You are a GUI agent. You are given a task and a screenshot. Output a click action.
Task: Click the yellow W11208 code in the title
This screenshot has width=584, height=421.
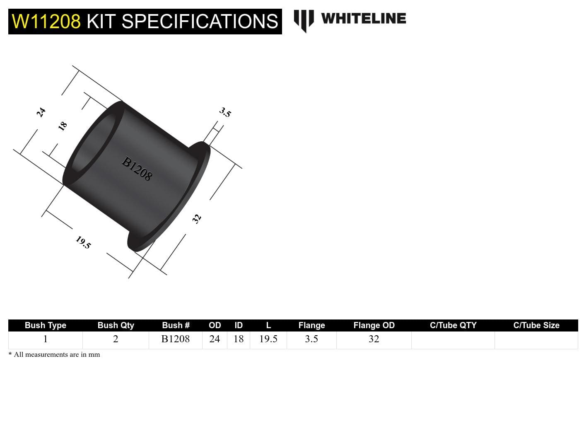46,22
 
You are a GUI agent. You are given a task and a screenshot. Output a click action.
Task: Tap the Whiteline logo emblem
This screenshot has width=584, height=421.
304,21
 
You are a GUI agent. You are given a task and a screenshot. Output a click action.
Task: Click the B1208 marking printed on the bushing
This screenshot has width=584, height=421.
137,169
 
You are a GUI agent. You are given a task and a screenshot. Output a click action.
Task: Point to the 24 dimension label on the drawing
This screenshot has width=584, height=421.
41,112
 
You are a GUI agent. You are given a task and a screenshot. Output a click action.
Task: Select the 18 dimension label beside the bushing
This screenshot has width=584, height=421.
63,126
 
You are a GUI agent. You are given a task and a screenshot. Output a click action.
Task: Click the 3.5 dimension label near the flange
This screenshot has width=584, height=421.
225,112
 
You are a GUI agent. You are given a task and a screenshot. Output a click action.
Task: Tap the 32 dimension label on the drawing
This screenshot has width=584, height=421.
197,219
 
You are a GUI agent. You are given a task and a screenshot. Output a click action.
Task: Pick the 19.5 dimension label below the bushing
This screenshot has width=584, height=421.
83,242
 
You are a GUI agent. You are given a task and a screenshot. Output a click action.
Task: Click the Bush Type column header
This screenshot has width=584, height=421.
46,325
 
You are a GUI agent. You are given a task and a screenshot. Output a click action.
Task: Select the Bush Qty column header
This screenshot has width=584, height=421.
116,325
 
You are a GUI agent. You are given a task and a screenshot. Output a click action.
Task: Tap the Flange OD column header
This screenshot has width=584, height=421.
374,325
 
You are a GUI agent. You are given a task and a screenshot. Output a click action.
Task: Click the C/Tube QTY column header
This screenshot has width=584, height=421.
453,325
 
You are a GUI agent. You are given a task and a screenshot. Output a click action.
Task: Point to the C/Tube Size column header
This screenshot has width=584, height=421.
536,325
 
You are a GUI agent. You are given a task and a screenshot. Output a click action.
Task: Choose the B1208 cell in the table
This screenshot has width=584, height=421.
176,339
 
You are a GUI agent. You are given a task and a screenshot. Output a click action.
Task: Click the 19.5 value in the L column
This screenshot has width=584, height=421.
268,339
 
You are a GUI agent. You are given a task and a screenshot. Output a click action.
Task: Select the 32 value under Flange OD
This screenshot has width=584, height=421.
374,339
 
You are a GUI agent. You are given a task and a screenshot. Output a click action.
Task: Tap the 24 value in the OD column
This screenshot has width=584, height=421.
215,339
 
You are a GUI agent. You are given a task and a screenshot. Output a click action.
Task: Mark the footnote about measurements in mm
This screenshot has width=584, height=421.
54,355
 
